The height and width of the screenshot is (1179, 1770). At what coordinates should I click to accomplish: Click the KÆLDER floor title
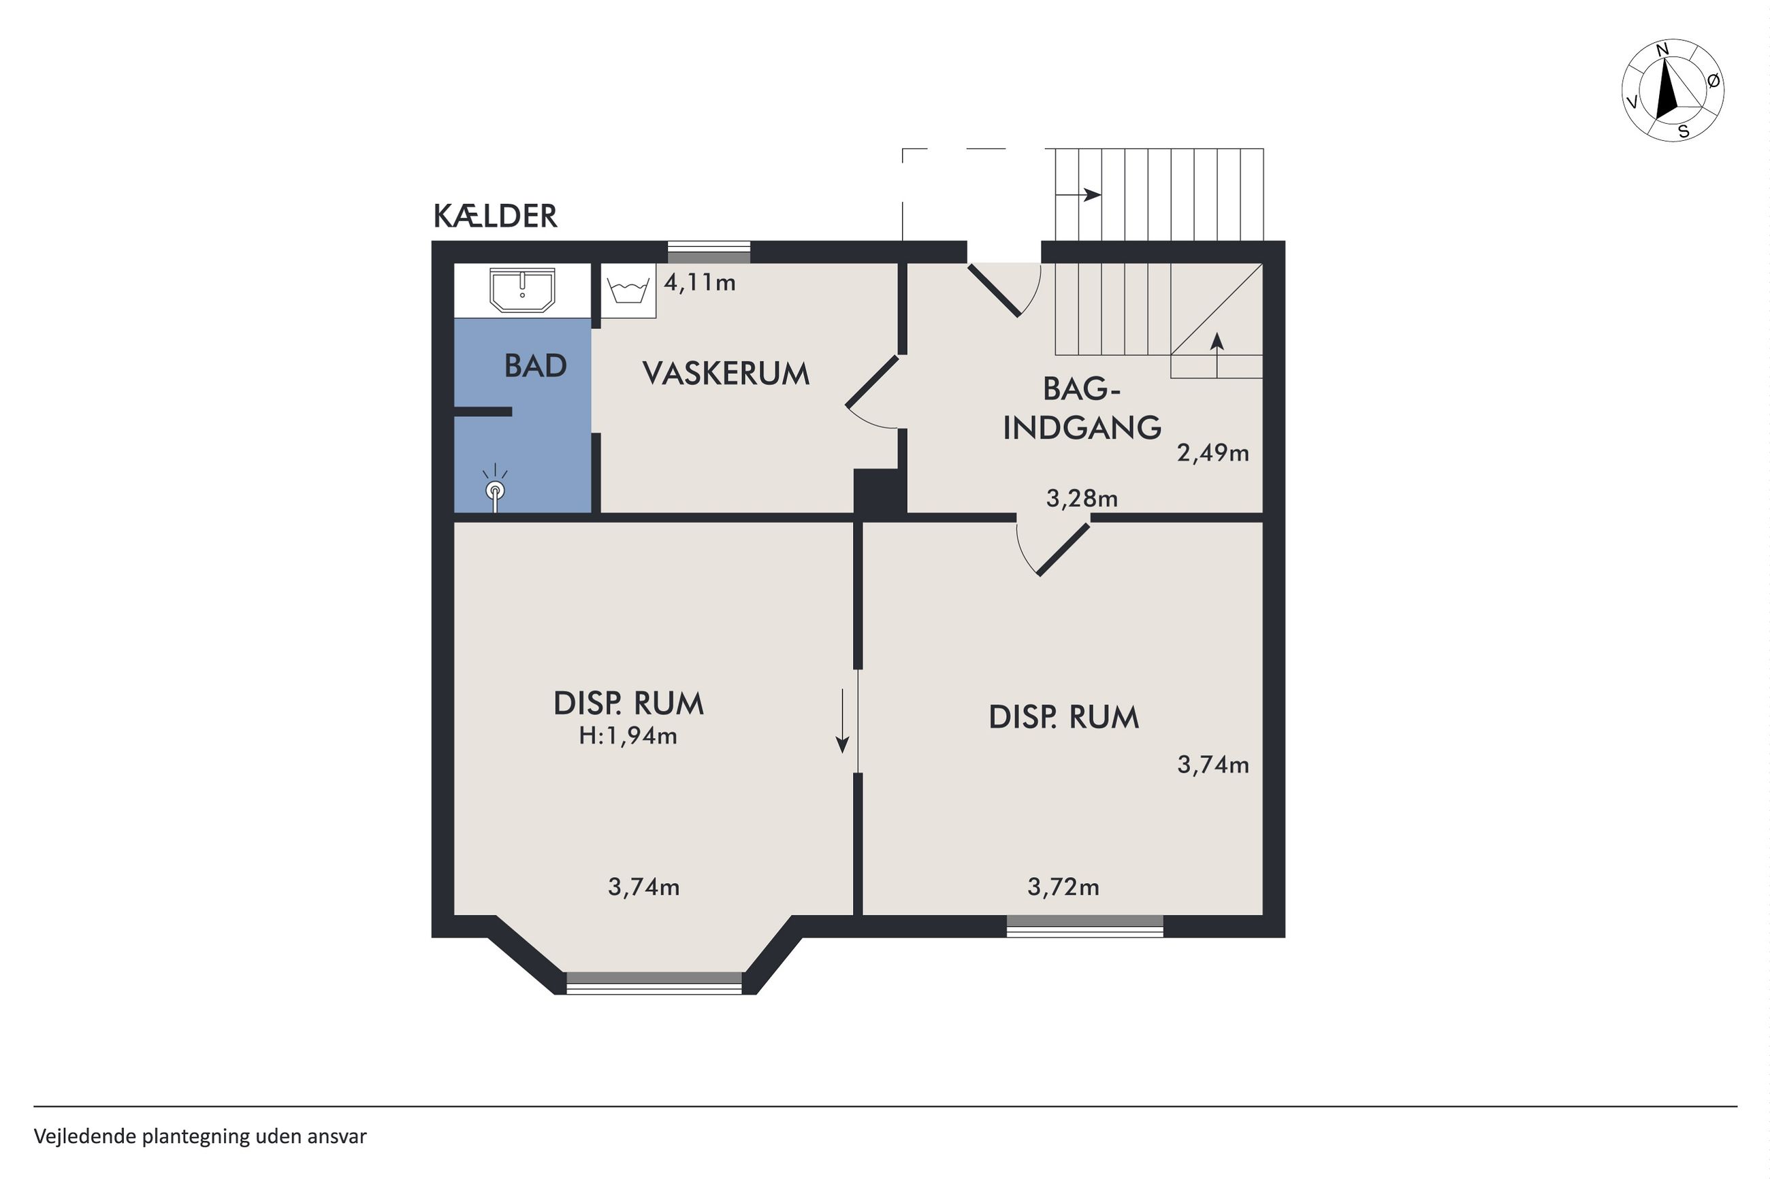tap(495, 216)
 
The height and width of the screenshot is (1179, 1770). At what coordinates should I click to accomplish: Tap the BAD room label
tap(535, 366)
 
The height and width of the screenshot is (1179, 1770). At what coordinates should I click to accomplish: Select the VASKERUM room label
tap(726, 373)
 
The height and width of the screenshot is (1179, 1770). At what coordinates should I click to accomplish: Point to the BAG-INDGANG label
tap(1082, 408)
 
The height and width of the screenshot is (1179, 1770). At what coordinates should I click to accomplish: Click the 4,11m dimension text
tap(700, 283)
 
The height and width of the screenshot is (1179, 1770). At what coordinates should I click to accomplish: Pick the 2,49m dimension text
tap(1212, 452)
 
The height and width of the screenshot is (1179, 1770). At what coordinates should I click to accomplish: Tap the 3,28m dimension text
tap(1082, 499)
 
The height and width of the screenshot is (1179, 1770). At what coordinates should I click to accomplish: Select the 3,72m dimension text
tap(1063, 887)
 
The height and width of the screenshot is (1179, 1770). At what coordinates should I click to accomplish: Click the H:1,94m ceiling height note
tap(628, 735)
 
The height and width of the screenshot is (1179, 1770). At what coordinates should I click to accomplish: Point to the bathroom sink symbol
tap(522, 290)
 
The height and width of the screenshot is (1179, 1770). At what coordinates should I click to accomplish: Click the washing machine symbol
tap(628, 291)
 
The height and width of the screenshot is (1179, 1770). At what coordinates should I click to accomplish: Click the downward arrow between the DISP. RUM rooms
tap(843, 720)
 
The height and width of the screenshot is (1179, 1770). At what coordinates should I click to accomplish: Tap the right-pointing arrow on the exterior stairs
tap(1079, 195)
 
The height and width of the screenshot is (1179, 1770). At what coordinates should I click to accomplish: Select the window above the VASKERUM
tap(709, 252)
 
